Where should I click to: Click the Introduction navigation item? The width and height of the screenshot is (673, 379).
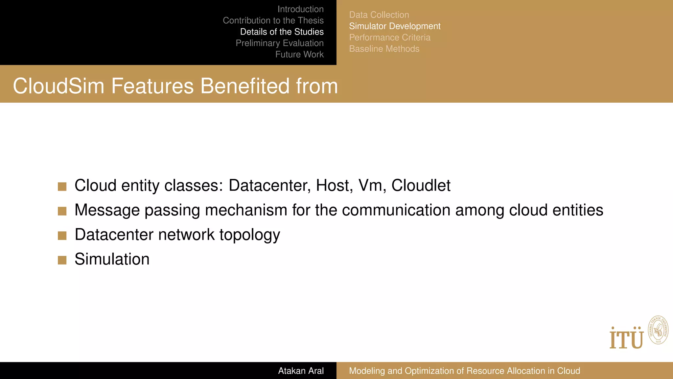click(300, 9)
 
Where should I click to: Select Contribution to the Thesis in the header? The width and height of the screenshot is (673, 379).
click(273, 20)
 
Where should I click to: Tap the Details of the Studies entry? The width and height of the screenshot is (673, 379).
click(282, 32)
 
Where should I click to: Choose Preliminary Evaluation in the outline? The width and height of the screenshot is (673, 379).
click(279, 43)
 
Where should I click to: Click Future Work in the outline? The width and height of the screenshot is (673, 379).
click(299, 54)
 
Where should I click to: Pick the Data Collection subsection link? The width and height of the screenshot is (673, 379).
click(379, 15)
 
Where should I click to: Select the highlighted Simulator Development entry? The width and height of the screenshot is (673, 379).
click(394, 26)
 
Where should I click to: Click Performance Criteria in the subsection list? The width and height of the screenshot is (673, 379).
click(389, 38)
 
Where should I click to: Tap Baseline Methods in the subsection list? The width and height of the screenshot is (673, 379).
click(384, 49)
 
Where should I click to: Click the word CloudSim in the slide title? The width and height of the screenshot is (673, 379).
click(58, 86)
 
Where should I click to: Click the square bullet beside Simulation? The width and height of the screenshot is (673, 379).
click(62, 260)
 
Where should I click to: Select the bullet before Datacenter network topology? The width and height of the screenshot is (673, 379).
click(62, 236)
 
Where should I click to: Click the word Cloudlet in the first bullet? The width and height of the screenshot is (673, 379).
click(421, 186)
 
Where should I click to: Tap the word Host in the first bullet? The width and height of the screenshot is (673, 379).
click(334, 186)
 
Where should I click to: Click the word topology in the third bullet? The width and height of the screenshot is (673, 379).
click(250, 235)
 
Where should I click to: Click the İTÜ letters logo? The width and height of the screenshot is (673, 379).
click(626, 338)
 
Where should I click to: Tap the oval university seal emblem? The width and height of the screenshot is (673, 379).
click(658, 330)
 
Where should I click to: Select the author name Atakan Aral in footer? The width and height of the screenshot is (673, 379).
click(301, 371)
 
